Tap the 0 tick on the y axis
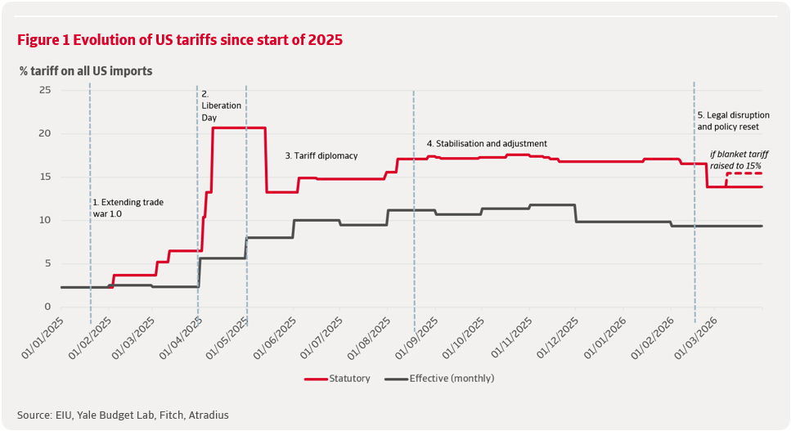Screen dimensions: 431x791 pos(47,308)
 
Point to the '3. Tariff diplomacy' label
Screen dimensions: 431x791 pos(321,155)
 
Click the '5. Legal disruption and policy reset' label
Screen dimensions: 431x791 pos(728,121)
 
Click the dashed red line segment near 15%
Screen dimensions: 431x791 pos(744,173)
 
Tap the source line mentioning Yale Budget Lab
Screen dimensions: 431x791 pos(123,415)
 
